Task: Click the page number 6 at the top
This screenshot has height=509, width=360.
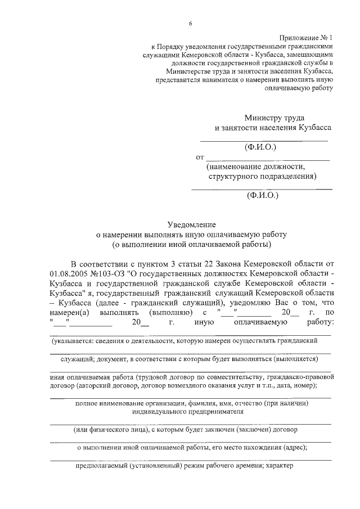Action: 190,23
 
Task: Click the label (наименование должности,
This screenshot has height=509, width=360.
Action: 255,167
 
